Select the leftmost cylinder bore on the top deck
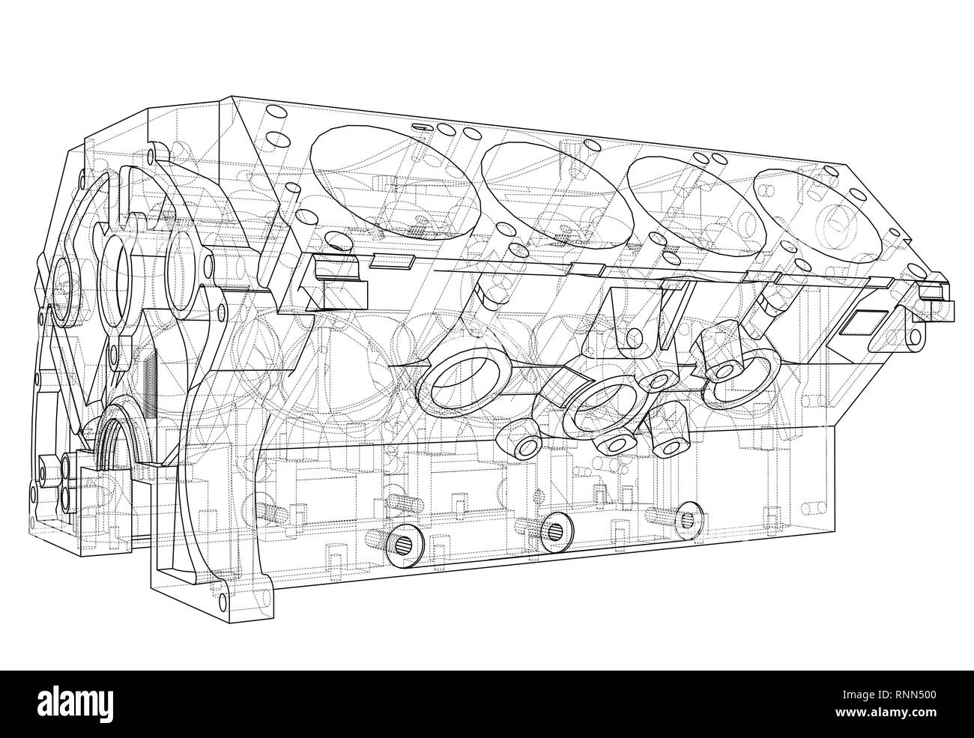[x=395, y=183]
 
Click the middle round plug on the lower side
[x=555, y=530]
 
